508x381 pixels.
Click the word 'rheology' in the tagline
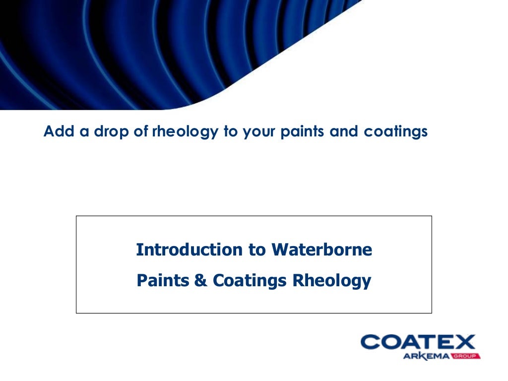pos(190,132)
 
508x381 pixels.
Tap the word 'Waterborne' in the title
pos(321,250)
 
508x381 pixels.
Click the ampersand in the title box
pos(200,281)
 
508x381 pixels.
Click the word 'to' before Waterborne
pos(256,250)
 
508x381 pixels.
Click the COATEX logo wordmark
pos(418,342)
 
